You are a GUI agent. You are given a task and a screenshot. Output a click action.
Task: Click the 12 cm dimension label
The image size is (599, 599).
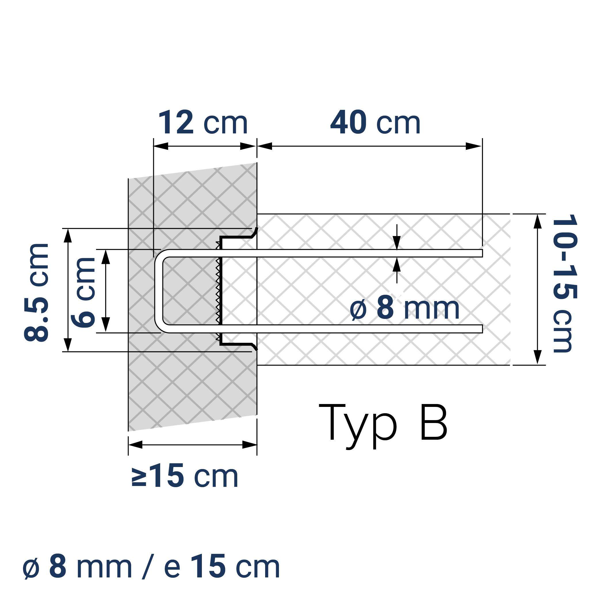point(203,123)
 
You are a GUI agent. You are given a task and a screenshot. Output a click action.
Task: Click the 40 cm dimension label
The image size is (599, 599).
point(375,123)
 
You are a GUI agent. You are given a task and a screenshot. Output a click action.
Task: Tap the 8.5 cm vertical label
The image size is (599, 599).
point(37,293)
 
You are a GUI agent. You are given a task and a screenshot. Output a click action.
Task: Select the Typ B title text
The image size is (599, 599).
point(383,423)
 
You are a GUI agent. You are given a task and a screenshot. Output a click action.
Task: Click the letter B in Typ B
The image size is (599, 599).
point(433,422)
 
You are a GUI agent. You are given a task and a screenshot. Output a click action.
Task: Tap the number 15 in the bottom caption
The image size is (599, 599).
point(208,567)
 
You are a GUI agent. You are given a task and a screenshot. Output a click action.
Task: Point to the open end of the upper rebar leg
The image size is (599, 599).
point(481,253)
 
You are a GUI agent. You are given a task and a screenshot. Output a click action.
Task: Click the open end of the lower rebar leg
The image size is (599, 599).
point(481,329)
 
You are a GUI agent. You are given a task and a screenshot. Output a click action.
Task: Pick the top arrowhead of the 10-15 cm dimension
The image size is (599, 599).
point(537,221)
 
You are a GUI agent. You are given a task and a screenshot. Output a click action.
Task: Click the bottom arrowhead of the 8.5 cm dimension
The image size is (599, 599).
point(68,345)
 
